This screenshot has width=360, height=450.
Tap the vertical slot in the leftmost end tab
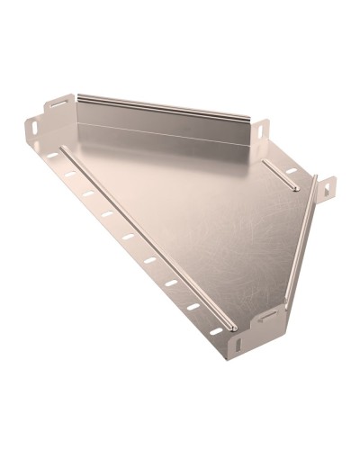click(x=32, y=129)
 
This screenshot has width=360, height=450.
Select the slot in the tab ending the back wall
click(x=261, y=132)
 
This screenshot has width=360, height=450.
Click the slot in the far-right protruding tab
click(x=327, y=189)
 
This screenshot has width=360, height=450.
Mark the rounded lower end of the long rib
click(x=231, y=326)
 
